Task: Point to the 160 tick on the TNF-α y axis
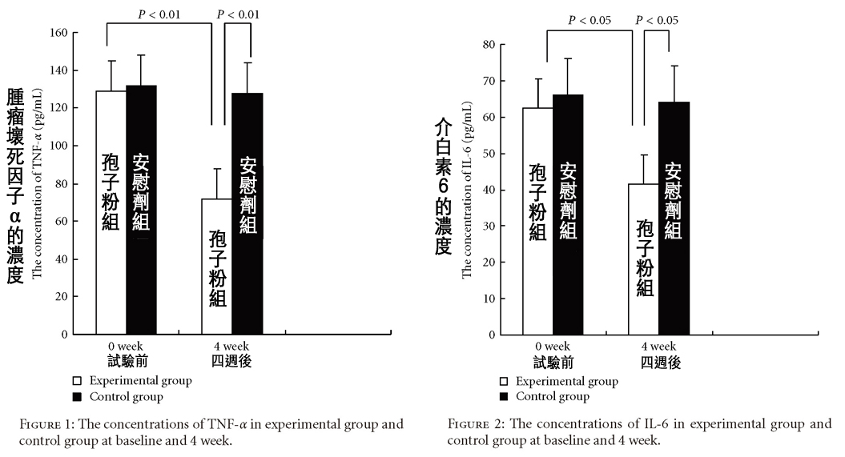point(57,33)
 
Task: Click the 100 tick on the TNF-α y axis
point(57,146)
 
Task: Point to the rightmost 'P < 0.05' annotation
point(656,20)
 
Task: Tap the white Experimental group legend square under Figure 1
point(78,381)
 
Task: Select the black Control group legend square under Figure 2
point(504,397)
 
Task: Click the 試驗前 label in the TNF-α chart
point(127,362)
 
